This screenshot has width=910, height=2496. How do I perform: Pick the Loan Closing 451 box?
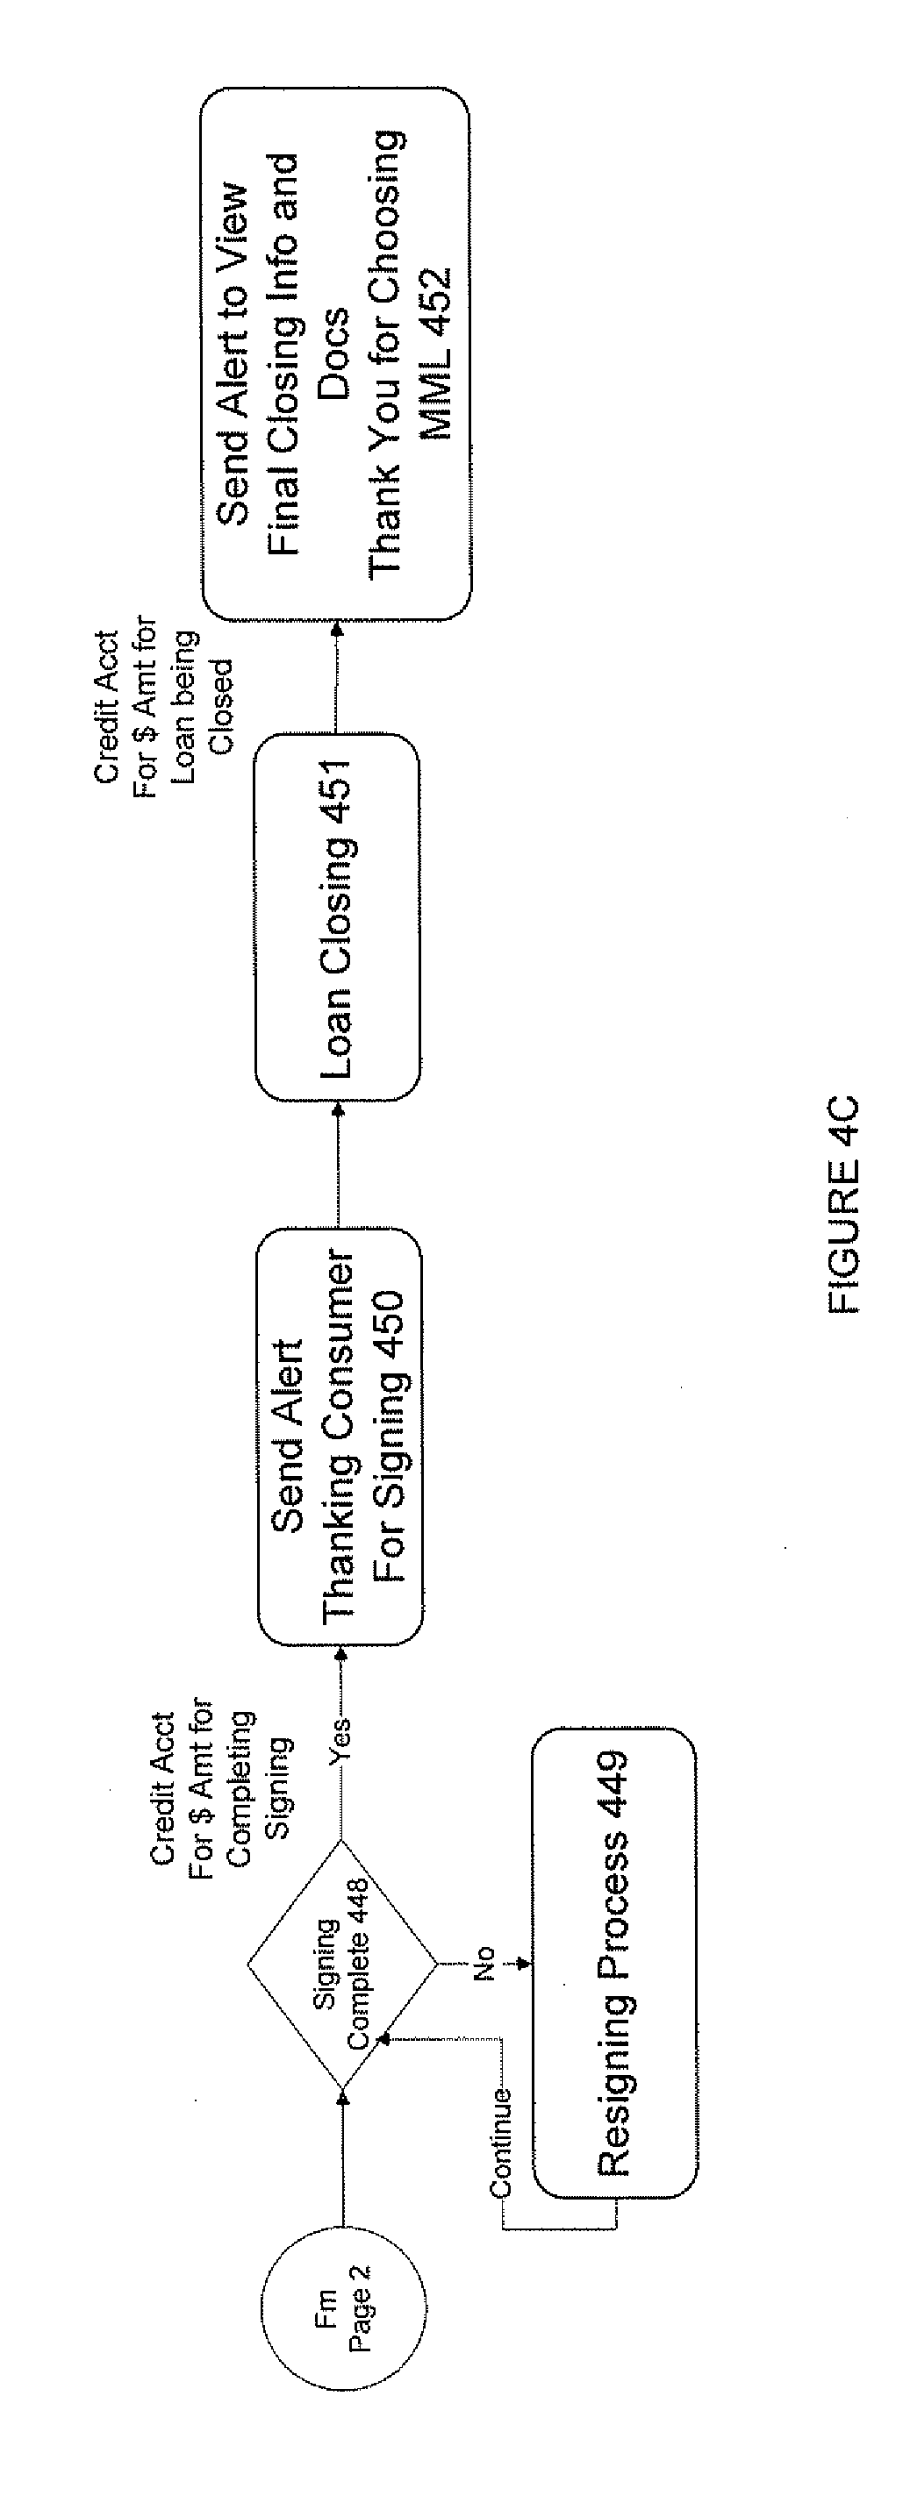click(337, 916)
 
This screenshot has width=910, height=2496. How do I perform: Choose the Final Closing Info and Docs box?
click(335, 353)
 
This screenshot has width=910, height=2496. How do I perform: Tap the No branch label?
click(484, 1963)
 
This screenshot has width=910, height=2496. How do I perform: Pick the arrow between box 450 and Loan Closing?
click(340, 1164)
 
